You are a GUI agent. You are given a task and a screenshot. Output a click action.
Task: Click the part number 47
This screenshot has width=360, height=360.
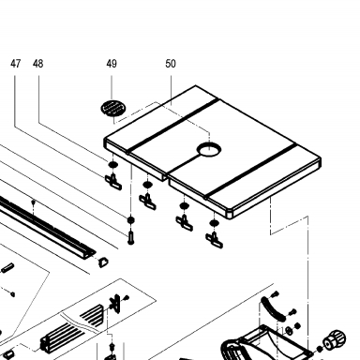coord(15,64)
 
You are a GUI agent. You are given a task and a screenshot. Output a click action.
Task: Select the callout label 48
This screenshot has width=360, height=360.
coord(37,64)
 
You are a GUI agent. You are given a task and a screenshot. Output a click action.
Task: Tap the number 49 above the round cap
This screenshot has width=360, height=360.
coord(112,64)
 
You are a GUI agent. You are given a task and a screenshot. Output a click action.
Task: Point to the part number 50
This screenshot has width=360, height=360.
coord(171,64)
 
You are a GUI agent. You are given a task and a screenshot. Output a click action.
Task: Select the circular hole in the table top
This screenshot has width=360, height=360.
coord(209,149)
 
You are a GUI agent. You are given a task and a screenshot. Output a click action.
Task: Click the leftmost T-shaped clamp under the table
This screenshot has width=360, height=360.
coord(113,182)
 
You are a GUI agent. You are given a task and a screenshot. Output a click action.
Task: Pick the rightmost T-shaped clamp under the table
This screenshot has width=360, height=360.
coord(215,240)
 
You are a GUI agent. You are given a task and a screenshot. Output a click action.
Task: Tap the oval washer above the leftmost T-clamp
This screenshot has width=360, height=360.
coord(112,164)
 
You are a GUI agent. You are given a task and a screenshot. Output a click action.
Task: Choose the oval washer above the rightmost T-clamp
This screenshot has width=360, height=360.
coord(214,223)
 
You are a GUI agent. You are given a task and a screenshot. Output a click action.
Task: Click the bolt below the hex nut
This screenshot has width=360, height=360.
coord(131,237)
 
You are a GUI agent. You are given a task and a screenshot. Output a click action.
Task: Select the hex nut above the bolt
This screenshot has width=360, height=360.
coord(131,219)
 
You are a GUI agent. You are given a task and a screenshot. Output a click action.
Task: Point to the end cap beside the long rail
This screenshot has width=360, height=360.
coord(103,262)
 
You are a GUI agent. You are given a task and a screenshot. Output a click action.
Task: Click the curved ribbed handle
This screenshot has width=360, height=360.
coord(272,308)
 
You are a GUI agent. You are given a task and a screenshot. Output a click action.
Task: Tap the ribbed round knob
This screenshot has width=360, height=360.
coord(335,340)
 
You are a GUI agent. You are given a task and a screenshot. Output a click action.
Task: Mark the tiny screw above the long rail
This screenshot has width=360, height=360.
coord(34,202)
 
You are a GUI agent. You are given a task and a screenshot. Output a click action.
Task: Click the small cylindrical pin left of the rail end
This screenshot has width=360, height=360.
coord(7,267)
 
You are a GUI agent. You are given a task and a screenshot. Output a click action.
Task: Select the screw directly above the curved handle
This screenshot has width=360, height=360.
coord(276,293)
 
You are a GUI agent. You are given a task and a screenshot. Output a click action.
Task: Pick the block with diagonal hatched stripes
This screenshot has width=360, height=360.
coord(92,314)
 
